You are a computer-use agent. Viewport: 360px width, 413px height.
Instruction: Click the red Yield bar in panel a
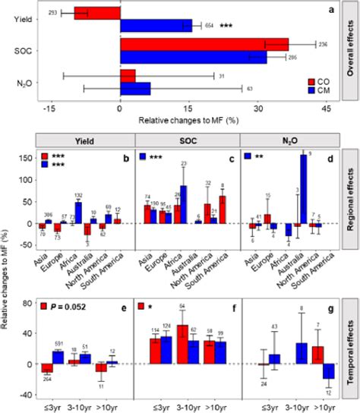pyautogui.click(x=97, y=12)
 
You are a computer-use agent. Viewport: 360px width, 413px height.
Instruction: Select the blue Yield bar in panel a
pyautogui.click(x=156, y=25)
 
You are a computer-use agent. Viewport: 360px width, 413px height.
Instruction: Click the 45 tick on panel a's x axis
pyautogui.click(x=327, y=109)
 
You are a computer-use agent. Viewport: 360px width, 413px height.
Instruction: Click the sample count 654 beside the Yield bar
pyautogui.click(x=210, y=26)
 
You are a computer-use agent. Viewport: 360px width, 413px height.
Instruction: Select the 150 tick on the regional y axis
pyautogui.click(x=24, y=159)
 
